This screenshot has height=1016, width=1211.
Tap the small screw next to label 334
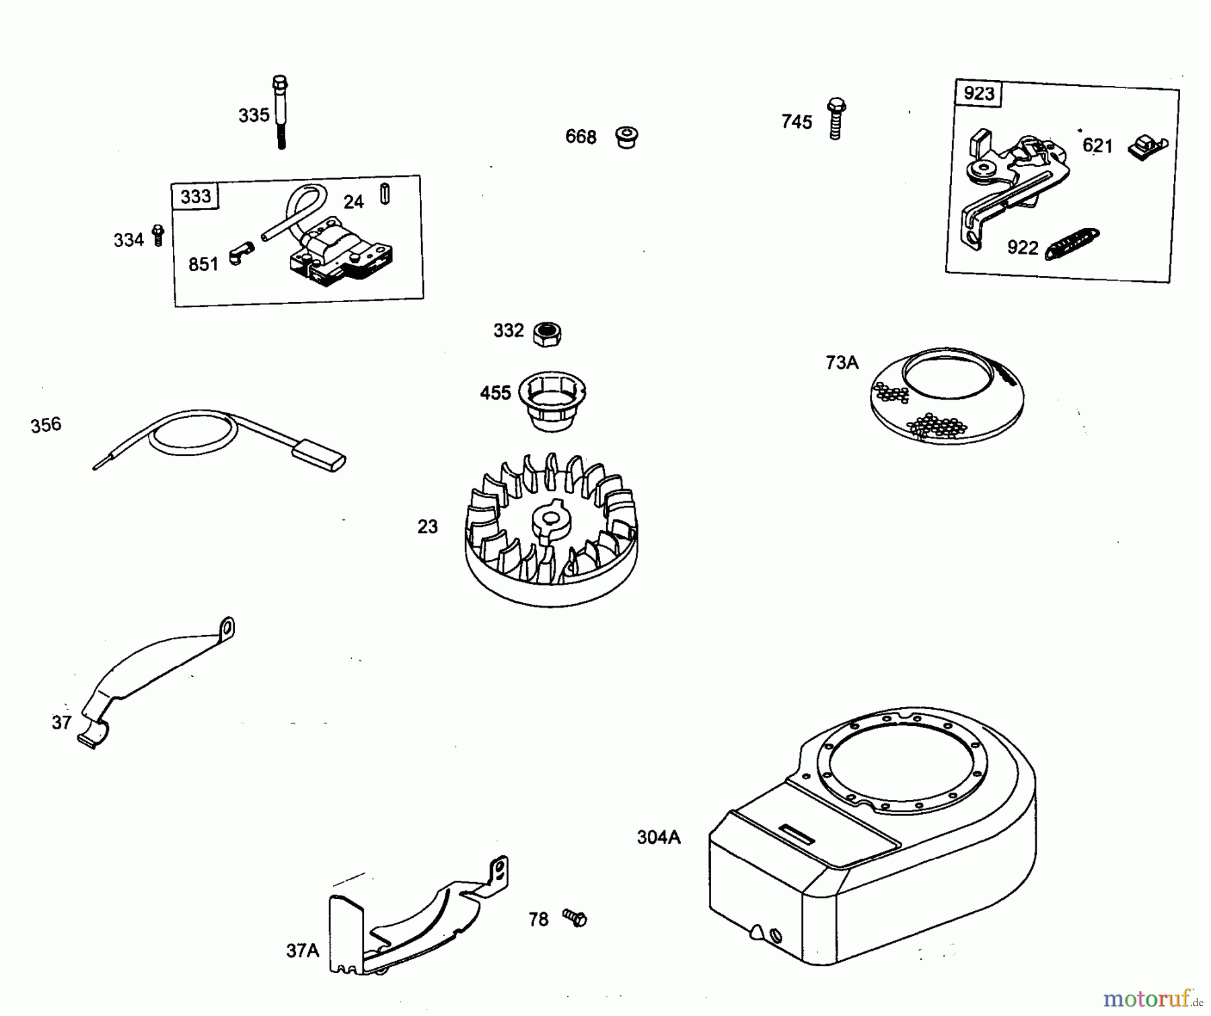point(158,235)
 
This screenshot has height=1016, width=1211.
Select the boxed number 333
point(195,196)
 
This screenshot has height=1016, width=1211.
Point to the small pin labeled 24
point(385,194)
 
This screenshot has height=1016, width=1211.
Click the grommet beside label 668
point(626,137)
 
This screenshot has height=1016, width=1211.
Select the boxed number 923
point(978,94)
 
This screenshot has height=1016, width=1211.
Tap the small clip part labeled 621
point(1146,147)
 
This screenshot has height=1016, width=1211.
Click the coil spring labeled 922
point(1072,244)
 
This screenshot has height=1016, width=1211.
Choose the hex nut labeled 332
point(547,333)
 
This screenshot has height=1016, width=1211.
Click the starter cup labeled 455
point(552,400)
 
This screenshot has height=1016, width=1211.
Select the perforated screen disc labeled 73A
point(947,396)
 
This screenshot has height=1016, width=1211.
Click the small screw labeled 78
point(575,918)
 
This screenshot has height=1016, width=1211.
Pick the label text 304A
point(659,837)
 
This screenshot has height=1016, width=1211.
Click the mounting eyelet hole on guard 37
point(227,628)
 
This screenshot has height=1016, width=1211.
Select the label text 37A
point(302,951)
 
